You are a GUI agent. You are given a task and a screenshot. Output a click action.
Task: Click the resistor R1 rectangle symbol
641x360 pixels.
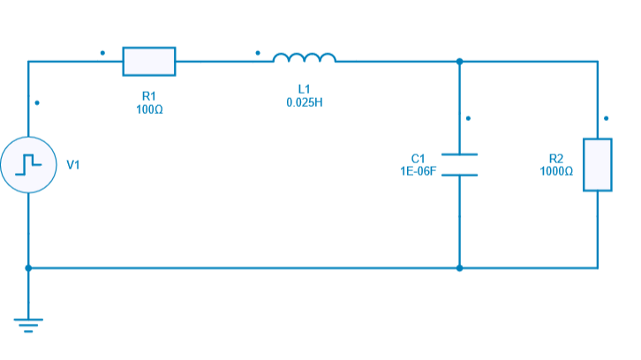point(148,62)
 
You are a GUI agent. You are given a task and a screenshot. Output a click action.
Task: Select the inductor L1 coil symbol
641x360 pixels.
point(305,59)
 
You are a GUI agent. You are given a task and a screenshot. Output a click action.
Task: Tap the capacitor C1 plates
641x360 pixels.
point(459,164)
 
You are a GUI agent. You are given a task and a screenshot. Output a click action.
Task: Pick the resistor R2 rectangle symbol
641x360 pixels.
point(598,164)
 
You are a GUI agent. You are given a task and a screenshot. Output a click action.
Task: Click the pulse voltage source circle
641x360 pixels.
point(28,164)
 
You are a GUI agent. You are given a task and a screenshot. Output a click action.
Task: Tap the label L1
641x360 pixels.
point(305,89)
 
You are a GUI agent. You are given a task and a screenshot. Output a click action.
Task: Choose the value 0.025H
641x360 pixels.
point(305,102)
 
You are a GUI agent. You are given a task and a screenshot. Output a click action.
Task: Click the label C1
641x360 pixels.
point(419,158)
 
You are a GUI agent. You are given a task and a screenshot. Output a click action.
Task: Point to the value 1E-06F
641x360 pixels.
point(419,170)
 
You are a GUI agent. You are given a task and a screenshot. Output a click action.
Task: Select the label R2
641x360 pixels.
point(556,158)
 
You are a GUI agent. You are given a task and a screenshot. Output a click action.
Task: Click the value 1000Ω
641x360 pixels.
point(556,170)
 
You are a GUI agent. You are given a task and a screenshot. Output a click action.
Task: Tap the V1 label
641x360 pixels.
point(73,165)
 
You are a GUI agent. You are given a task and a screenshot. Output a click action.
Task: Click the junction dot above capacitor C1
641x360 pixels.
point(459,62)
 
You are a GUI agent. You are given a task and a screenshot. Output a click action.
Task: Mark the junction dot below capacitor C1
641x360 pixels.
point(459,267)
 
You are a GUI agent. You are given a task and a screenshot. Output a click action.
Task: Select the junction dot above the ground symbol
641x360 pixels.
point(28,267)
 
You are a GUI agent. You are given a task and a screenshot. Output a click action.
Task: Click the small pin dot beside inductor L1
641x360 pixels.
point(258,52)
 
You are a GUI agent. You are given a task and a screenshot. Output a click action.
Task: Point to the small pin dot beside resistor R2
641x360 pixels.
point(607,117)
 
